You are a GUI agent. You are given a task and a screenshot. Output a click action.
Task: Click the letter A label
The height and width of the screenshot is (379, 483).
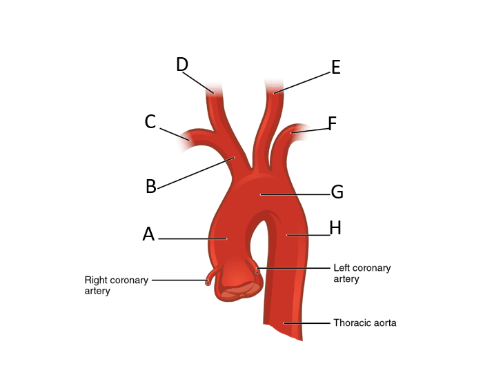point(148,235)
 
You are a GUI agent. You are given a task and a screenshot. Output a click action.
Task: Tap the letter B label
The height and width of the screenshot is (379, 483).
point(150,187)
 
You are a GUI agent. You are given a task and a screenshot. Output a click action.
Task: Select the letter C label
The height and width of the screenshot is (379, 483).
point(150,123)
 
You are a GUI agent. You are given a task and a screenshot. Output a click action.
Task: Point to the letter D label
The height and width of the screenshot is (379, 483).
point(182,65)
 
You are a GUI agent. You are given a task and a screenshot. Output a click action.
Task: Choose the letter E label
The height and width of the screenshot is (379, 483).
point(336,68)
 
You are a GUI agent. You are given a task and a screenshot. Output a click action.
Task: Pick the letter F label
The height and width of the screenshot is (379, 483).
point(332,124)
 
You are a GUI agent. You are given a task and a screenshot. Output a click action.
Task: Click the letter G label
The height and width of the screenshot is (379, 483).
point(337,192)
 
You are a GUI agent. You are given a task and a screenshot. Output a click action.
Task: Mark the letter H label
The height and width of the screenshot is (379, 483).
point(335,228)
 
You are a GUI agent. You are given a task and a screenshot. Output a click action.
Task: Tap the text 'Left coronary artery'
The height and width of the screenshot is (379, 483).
point(362,273)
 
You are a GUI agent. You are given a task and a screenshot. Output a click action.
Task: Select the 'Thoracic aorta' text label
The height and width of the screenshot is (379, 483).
point(364,322)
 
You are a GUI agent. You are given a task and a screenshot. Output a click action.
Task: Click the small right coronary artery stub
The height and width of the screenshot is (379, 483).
point(209,280)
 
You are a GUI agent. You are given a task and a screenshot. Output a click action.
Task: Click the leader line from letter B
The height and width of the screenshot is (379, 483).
point(197,172)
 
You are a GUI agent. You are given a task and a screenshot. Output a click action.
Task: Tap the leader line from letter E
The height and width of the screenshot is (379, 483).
point(304,81)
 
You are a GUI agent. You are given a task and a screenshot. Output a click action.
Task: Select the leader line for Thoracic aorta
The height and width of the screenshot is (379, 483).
point(307,322)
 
